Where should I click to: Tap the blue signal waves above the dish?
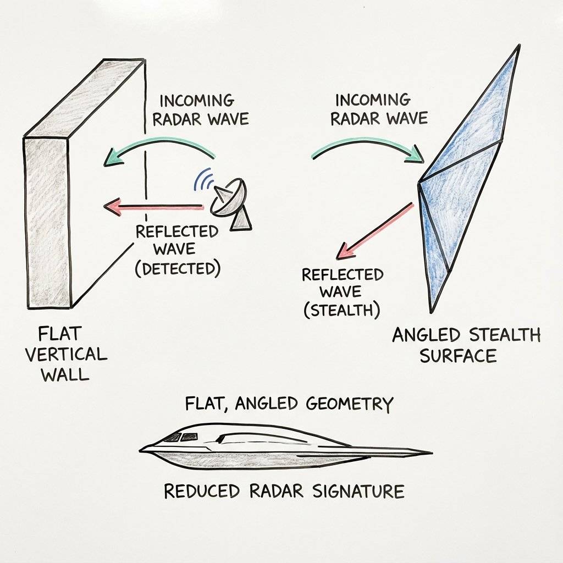click(x=204, y=179)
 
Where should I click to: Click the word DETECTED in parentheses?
click(x=178, y=269)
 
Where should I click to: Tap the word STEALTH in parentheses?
click(x=342, y=310)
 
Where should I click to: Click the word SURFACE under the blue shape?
click(x=458, y=356)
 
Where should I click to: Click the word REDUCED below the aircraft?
click(x=201, y=490)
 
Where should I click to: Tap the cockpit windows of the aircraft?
click(x=181, y=437)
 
